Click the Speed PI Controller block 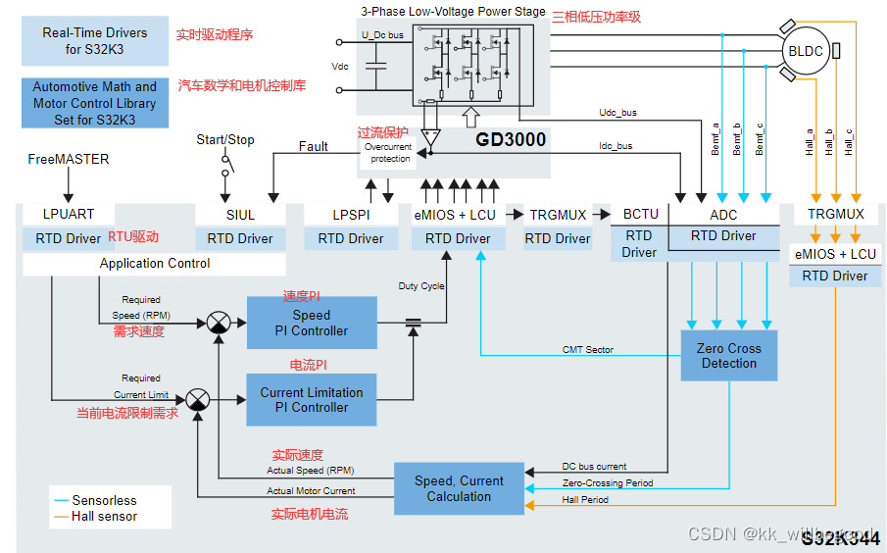click(311, 323)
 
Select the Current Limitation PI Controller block click(311, 400)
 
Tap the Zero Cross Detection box click(728, 355)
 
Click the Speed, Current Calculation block click(458, 488)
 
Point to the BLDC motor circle click(806, 50)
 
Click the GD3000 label click(511, 140)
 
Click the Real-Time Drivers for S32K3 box click(94, 40)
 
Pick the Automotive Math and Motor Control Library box click(94, 103)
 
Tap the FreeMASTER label click(68, 159)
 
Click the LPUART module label click(68, 215)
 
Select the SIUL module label click(240, 215)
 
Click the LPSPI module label click(351, 215)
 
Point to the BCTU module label click(640, 214)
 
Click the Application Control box click(155, 264)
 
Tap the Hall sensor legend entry click(104, 516)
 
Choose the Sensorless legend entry click(104, 500)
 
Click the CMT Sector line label click(587, 349)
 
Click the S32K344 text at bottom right click(840, 538)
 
